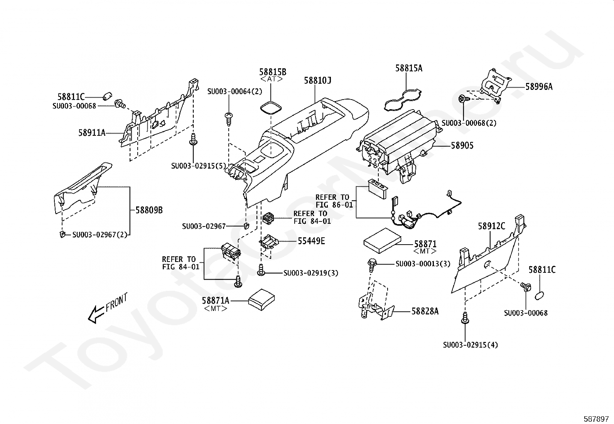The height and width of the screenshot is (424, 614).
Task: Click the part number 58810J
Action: (318, 80)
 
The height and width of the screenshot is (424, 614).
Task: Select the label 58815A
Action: (409, 68)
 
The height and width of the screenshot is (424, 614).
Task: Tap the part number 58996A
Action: (539, 87)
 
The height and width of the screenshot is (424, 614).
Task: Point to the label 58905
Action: (462, 145)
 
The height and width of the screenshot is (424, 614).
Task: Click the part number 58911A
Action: (92, 133)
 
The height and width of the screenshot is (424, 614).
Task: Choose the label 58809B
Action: (149, 210)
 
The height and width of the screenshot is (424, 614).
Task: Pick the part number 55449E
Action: (311, 241)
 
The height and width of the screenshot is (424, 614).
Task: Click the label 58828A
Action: (425, 311)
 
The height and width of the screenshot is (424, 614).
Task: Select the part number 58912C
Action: (491, 226)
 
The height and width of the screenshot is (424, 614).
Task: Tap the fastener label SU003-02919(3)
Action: (311, 273)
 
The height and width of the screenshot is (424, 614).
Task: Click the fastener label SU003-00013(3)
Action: (423, 264)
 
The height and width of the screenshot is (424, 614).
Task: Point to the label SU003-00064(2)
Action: (234, 91)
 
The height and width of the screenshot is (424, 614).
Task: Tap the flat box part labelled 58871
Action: (382, 240)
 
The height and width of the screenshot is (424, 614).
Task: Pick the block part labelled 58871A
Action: (261, 300)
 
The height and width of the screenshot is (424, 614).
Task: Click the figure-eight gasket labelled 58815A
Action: (403, 100)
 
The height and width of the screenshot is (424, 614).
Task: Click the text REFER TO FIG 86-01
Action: (334, 201)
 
